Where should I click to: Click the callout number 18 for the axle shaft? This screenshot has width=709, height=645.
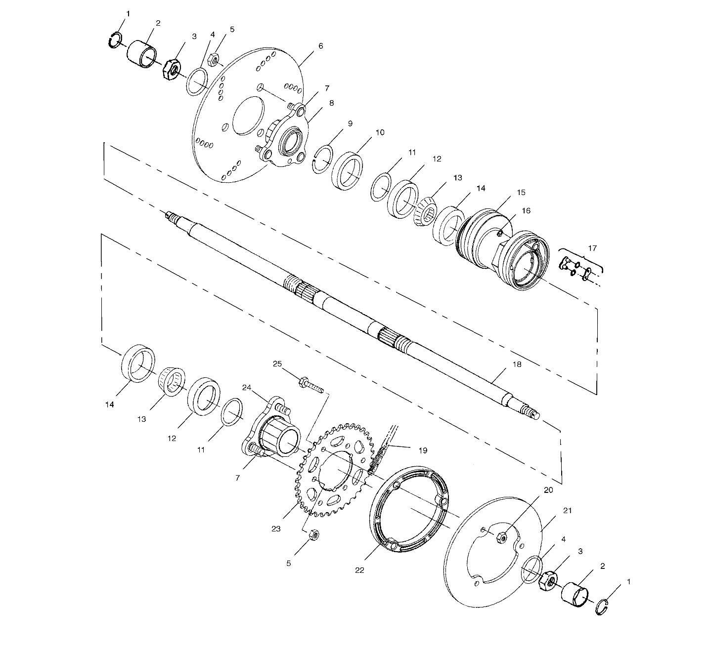(x=517, y=364)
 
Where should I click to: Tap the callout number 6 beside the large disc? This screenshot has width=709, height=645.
(x=320, y=46)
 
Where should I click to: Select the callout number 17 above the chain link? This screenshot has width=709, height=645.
(x=592, y=248)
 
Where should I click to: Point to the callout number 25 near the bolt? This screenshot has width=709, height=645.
(x=277, y=363)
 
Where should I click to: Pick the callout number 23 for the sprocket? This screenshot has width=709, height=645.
(x=276, y=529)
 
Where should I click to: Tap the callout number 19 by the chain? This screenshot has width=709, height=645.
(x=423, y=450)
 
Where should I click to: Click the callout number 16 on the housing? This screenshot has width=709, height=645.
(x=526, y=211)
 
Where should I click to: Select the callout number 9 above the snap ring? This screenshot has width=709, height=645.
(x=350, y=123)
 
